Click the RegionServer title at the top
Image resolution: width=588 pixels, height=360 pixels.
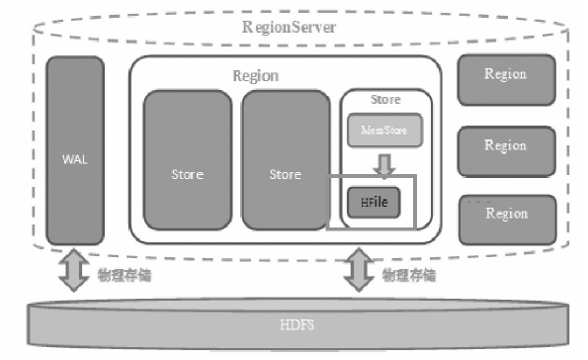(289, 27)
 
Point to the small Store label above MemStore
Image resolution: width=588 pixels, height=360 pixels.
(384, 99)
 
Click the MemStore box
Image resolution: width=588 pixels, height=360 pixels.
(383, 129)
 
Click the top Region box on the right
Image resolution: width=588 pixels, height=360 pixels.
(505, 75)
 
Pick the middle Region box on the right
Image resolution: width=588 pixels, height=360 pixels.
(505, 144)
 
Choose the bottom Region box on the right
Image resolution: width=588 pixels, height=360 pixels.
(505, 215)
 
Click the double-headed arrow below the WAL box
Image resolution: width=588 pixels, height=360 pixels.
(73, 270)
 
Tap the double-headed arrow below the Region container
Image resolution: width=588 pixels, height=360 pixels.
(357, 270)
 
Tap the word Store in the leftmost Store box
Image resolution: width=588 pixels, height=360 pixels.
(187, 174)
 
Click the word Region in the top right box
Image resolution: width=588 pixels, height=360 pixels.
(505, 74)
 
